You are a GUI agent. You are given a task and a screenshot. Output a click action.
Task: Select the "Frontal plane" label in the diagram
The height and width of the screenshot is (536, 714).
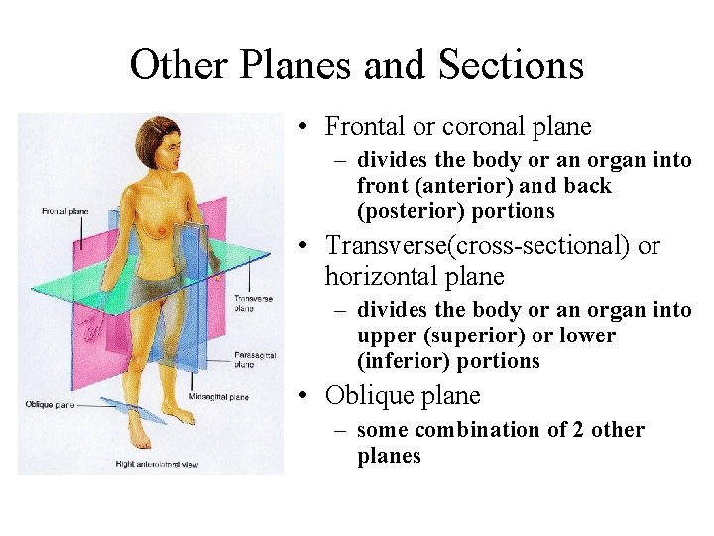click(x=65, y=211)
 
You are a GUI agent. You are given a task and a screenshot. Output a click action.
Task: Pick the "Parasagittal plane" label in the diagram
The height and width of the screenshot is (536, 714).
click(x=256, y=359)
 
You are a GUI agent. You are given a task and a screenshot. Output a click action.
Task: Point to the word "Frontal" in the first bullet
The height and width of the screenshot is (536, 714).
click(x=359, y=127)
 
